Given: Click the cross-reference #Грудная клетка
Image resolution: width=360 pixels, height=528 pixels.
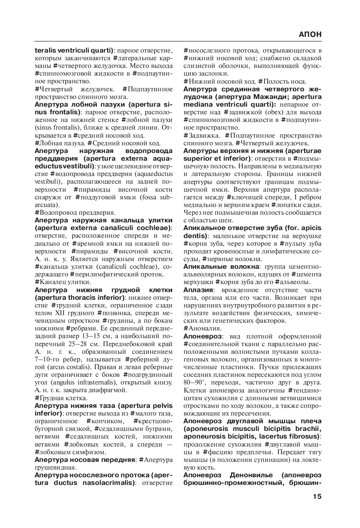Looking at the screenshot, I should (61, 398).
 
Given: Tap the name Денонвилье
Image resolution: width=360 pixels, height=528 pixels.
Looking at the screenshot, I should (251, 475).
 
